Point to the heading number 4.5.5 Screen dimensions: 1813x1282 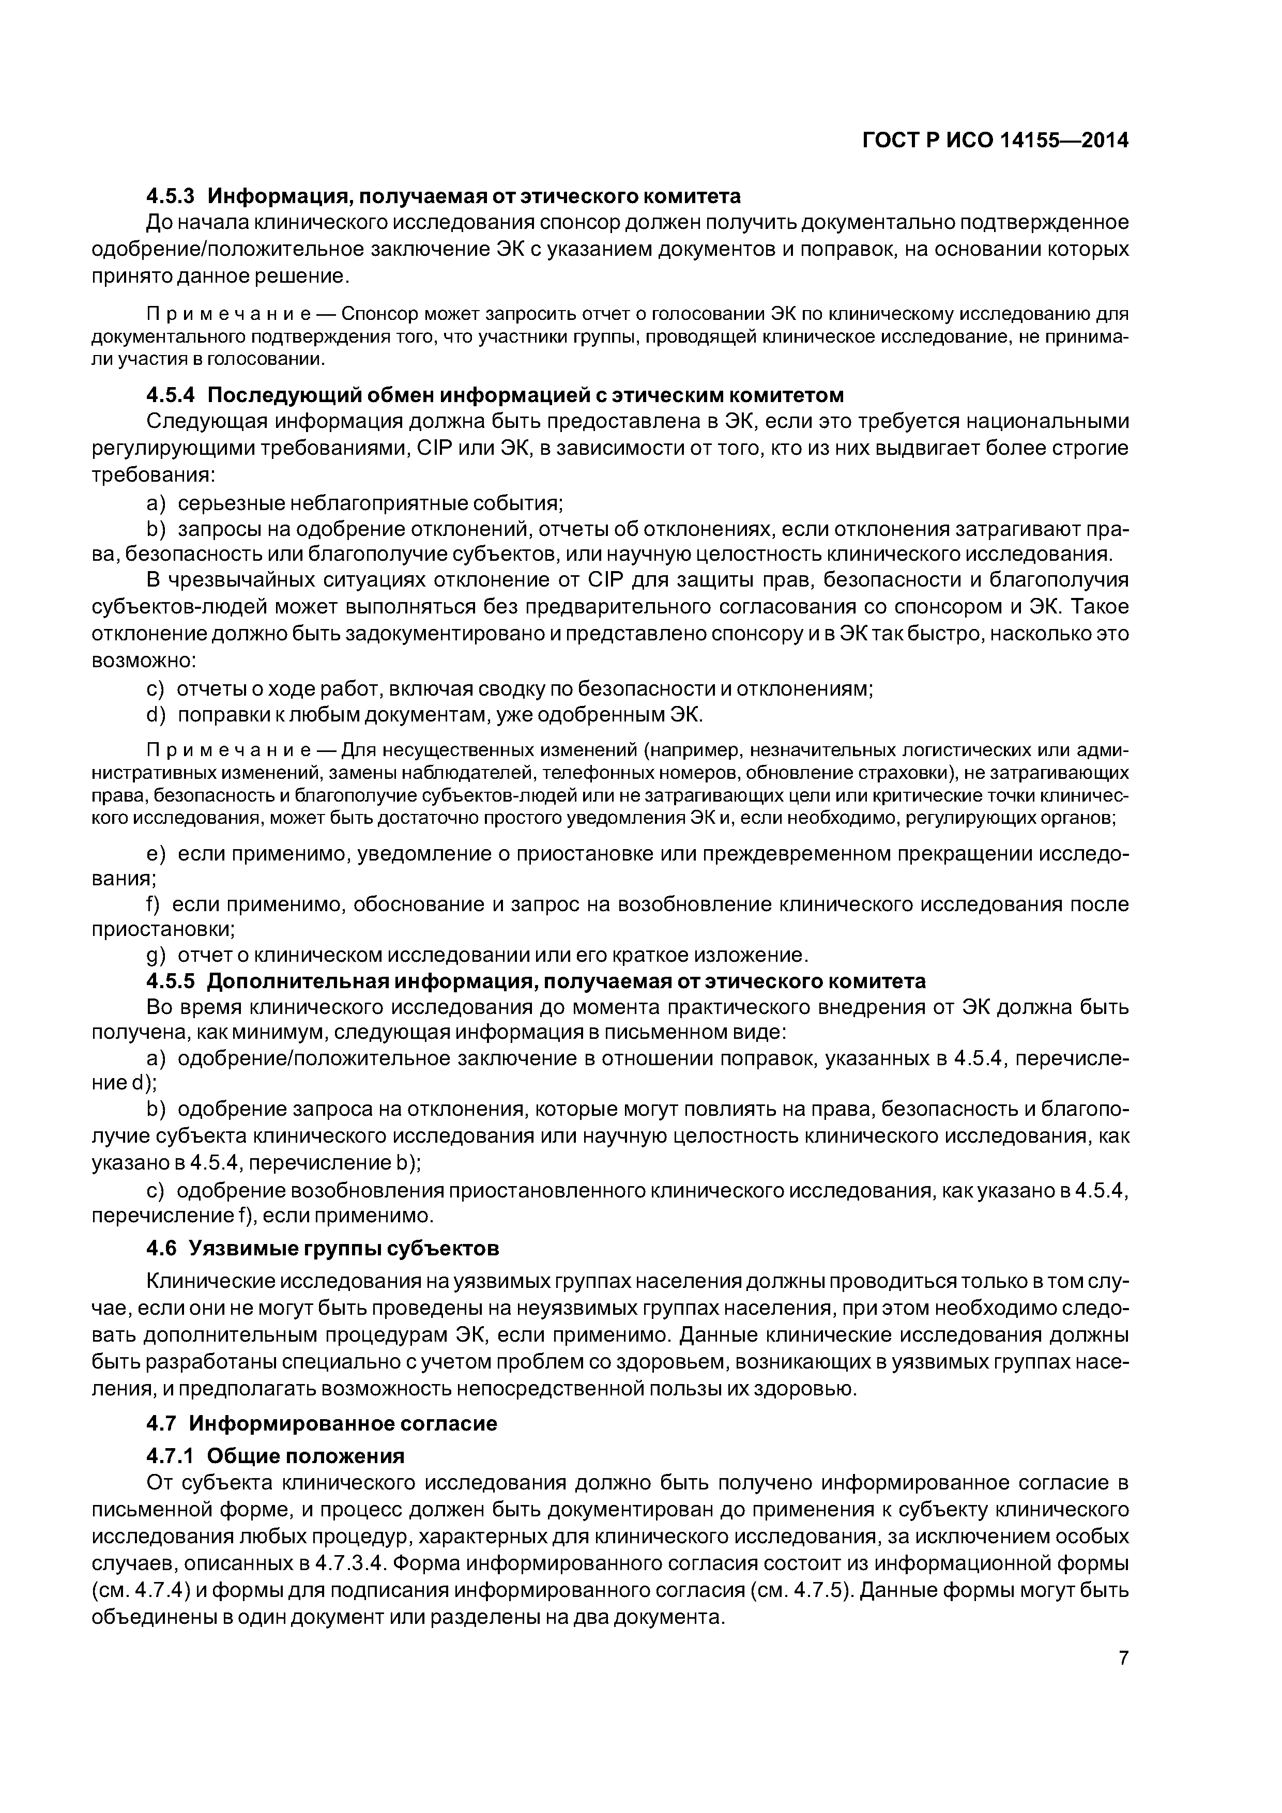pos(170,981)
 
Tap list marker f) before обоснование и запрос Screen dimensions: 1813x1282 pos(152,903)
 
